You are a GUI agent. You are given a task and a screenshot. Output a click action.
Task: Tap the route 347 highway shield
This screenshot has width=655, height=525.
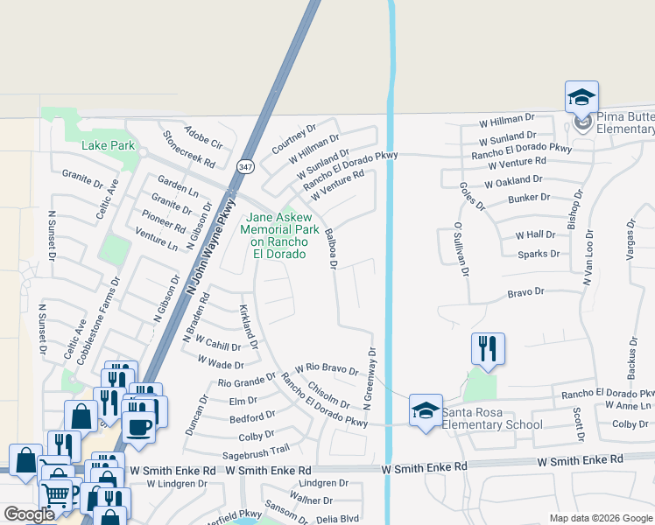click(x=245, y=166)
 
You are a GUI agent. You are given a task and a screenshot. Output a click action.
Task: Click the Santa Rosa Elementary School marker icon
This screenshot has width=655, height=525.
click(x=426, y=410)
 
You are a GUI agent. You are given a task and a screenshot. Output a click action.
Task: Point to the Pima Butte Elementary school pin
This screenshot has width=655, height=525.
click(x=581, y=99)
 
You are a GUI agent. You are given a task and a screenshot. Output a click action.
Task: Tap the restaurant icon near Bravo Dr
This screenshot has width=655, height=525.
click(x=486, y=349)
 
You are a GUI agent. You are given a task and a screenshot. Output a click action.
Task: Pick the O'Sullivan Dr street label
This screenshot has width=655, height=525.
click(x=457, y=248)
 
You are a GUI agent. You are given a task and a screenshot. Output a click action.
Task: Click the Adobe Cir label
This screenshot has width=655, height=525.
click(x=205, y=132)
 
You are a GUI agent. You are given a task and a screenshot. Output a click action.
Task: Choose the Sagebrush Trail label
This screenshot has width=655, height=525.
click(x=256, y=449)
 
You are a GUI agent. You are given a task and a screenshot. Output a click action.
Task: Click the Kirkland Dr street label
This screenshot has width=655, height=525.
click(x=248, y=327)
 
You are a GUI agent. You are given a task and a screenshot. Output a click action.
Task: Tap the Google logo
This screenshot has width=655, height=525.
click(x=29, y=514)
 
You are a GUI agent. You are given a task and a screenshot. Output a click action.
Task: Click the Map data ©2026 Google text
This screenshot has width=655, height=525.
click(x=601, y=518)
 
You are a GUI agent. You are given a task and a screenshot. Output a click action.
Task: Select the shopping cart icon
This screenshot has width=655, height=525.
click(x=55, y=493)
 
